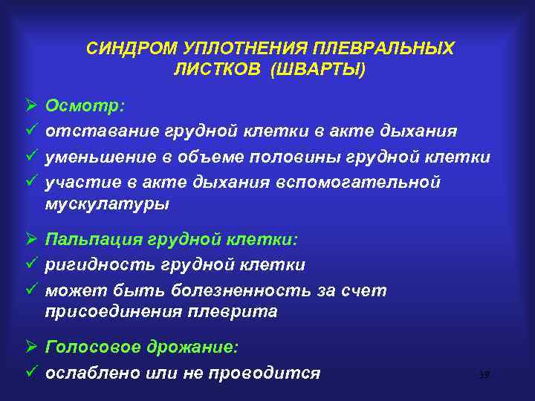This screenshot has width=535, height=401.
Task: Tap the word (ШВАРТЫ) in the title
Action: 319,69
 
